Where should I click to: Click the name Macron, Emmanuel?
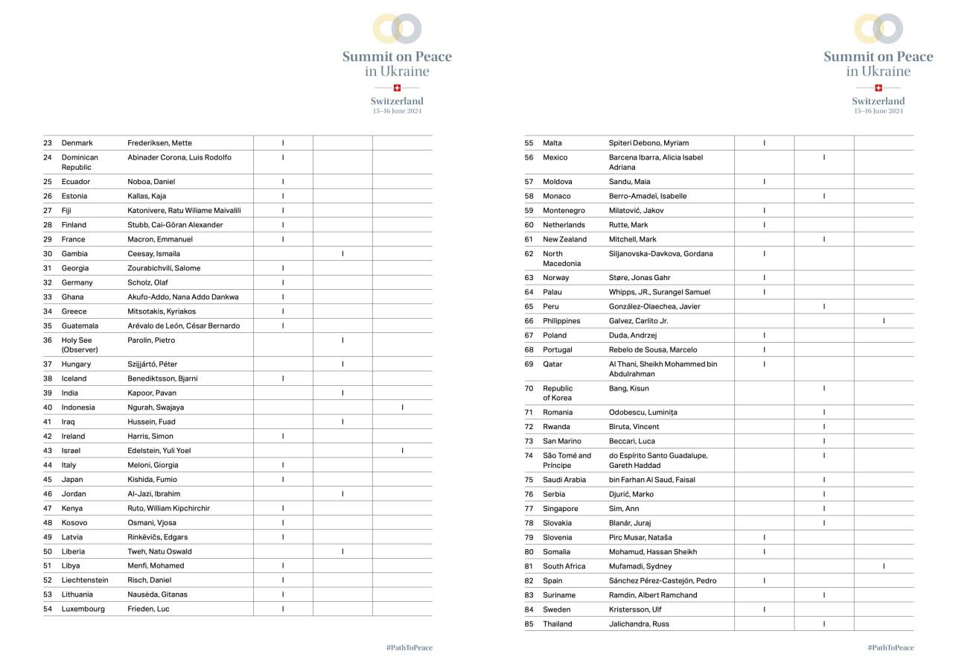[160, 239]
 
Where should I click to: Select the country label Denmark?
[77, 143]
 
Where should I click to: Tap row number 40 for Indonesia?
[48, 408]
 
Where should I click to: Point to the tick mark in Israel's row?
[403, 451]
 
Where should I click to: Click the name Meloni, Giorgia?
[153, 465]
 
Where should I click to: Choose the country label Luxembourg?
[83, 609]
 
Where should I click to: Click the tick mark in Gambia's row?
[342, 254]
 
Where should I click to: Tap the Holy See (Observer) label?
[79, 345]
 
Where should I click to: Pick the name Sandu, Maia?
[629, 182]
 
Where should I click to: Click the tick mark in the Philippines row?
[884, 321]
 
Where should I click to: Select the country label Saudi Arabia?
[564, 480]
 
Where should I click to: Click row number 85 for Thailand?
[529, 624]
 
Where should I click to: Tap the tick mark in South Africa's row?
[884, 566]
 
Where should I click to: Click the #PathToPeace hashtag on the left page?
[409, 648]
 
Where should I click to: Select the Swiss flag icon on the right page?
[879, 88]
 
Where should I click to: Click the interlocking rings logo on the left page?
[397, 28]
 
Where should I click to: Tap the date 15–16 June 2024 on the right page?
[879, 111]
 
